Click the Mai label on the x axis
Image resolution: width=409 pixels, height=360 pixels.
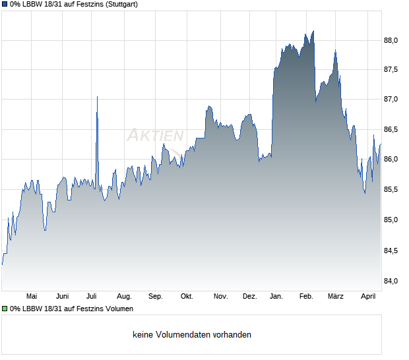(32, 296)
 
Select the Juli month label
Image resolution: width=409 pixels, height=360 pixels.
(92, 296)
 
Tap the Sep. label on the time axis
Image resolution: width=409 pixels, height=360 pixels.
(156, 296)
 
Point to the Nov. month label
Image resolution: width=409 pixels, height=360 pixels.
(220, 296)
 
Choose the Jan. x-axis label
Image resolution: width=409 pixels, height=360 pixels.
(277, 296)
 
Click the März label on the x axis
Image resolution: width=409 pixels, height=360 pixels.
(336, 296)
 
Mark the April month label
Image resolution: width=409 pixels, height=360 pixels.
(368, 296)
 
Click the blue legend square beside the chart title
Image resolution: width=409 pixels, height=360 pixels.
(5, 4)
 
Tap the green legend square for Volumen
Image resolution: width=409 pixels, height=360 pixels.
(5, 308)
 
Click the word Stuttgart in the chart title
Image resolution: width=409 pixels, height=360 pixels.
(121, 4)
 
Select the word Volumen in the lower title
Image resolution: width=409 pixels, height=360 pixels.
(119, 308)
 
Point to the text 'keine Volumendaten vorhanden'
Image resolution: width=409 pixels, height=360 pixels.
(191, 335)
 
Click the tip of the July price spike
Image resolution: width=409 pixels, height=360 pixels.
(97, 97)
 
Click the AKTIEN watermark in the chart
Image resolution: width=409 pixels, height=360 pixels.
(155, 136)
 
